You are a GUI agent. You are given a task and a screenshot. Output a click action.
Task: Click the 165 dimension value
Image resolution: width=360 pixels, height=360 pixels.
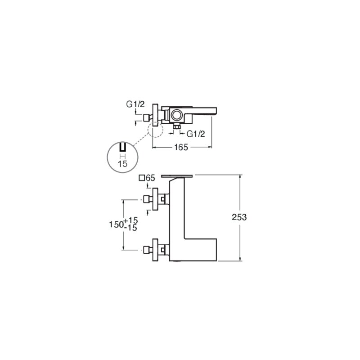[181, 147]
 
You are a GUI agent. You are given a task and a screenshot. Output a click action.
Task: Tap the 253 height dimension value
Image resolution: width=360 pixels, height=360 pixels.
[239, 217]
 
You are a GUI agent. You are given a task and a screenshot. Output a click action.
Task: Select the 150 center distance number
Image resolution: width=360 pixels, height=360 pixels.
[116, 225]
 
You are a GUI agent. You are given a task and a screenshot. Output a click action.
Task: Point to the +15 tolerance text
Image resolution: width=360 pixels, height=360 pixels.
[131, 220]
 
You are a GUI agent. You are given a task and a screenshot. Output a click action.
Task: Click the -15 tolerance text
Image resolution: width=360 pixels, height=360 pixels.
[130, 228]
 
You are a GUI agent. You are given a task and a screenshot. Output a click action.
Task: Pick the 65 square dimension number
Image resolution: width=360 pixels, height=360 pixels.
[151, 178]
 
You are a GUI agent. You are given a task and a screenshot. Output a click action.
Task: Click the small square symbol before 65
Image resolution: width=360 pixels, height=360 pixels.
[142, 178]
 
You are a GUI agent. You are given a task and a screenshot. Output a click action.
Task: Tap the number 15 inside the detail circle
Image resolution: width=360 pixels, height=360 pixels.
[122, 164]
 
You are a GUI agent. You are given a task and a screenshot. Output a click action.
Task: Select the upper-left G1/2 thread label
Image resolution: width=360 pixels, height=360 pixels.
[135, 104]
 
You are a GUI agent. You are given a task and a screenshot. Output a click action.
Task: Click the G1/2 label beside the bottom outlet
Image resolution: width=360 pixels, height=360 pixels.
[196, 134]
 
